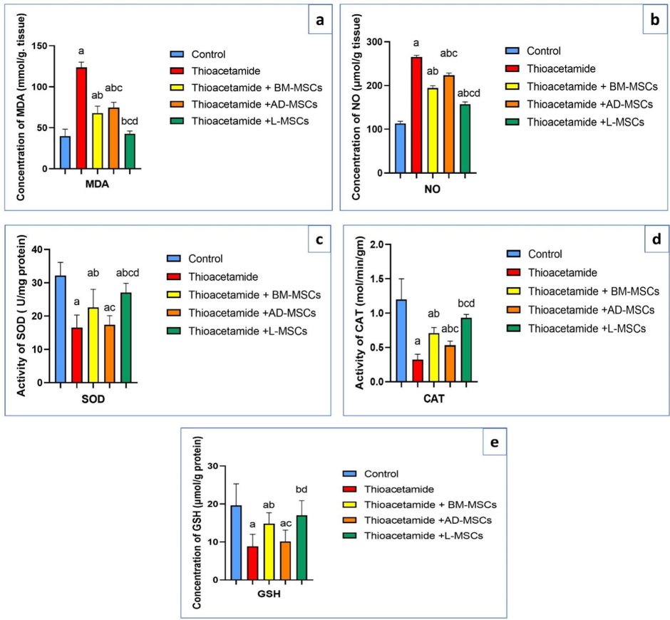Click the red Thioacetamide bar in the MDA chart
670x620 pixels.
pyautogui.click(x=81, y=118)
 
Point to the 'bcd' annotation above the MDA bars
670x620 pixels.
pyautogui.click(x=130, y=123)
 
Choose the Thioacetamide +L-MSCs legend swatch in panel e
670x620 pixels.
pyautogui.click(x=347, y=535)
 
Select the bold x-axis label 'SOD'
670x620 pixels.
pyautogui.click(x=93, y=399)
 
